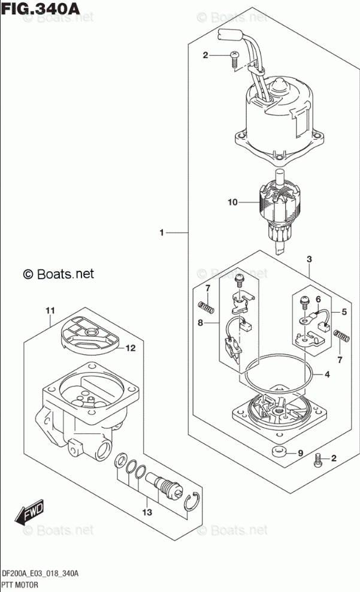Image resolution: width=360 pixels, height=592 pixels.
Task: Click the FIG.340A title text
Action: (x=41, y=8)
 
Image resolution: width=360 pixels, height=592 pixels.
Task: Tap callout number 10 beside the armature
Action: (x=233, y=203)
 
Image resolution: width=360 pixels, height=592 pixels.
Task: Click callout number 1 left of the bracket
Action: (x=162, y=232)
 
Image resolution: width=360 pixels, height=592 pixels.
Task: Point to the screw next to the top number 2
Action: (x=234, y=60)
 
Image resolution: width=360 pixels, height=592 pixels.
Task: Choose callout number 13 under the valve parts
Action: (x=147, y=512)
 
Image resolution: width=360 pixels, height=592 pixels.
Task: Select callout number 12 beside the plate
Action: (x=130, y=348)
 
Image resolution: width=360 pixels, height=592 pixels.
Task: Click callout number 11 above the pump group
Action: (x=50, y=310)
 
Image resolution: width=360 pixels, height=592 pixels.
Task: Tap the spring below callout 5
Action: (x=341, y=336)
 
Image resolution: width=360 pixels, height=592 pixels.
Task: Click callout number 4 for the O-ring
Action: (x=327, y=374)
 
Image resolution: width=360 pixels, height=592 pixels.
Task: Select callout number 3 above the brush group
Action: (x=310, y=259)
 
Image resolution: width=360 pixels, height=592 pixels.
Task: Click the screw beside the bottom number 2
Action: (x=318, y=460)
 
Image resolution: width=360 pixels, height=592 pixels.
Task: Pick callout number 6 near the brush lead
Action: (x=319, y=300)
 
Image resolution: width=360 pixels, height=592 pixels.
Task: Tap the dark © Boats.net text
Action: (x=58, y=273)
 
